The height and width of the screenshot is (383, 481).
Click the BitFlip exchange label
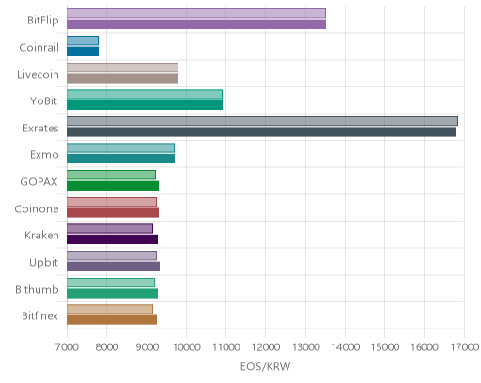[43, 20]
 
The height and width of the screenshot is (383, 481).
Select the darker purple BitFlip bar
[196, 24]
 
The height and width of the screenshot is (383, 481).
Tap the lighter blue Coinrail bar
[83, 40]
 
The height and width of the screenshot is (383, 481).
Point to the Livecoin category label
[38, 74]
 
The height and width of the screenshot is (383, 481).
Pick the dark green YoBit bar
[145, 105]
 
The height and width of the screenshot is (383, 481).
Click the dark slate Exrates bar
[261, 132]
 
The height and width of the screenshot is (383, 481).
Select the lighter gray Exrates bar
[262, 121]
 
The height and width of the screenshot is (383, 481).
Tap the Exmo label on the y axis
[44, 155]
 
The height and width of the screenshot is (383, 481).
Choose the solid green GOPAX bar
[113, 186]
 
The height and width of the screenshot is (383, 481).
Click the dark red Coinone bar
[113, 213]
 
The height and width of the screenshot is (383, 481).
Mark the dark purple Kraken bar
[112, 239]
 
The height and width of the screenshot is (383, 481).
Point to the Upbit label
[43, 263]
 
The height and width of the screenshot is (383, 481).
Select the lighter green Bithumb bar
[111, 283]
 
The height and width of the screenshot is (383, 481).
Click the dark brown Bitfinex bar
[112, 320]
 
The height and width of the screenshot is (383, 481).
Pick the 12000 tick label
[266, 347]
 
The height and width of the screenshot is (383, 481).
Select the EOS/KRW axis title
[266, 366]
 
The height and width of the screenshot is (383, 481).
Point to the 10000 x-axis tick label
[186, 347]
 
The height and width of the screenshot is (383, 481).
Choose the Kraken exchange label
[41, 235]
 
